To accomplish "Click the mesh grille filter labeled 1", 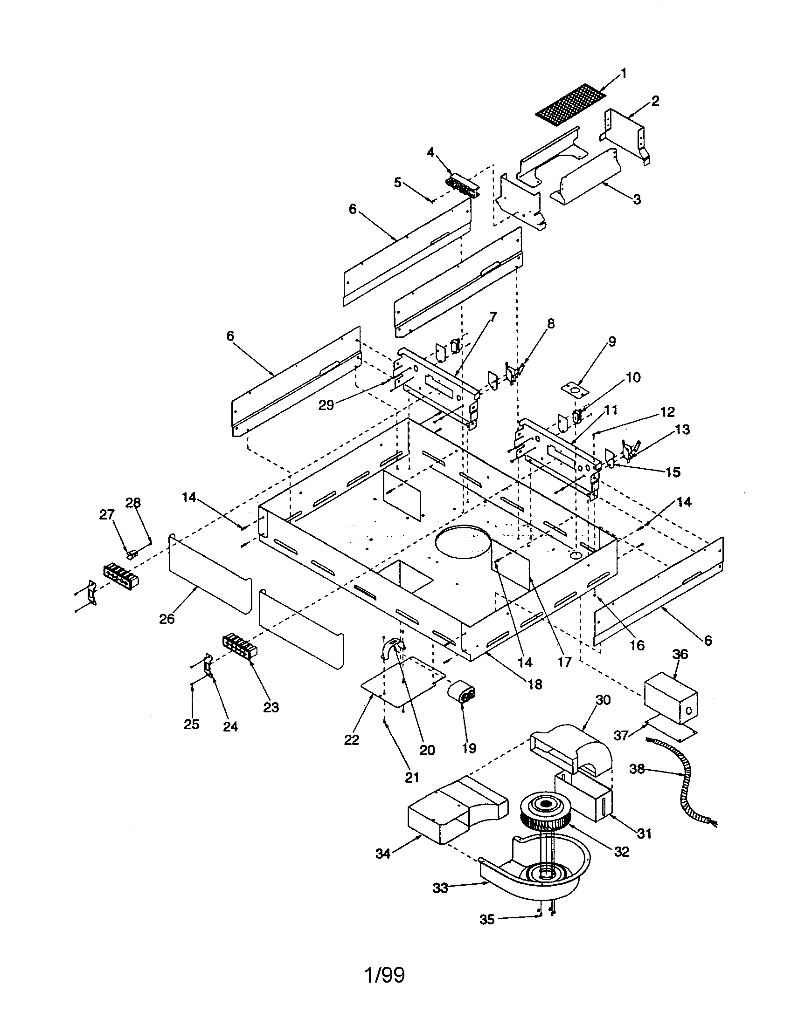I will [x=571, y=106].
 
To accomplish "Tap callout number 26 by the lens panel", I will [x=167, y=619].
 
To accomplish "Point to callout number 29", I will [x=326, y=404].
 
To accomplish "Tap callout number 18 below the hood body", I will [x=534, y=684].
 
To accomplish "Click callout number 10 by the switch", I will [x=633, y=377].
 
